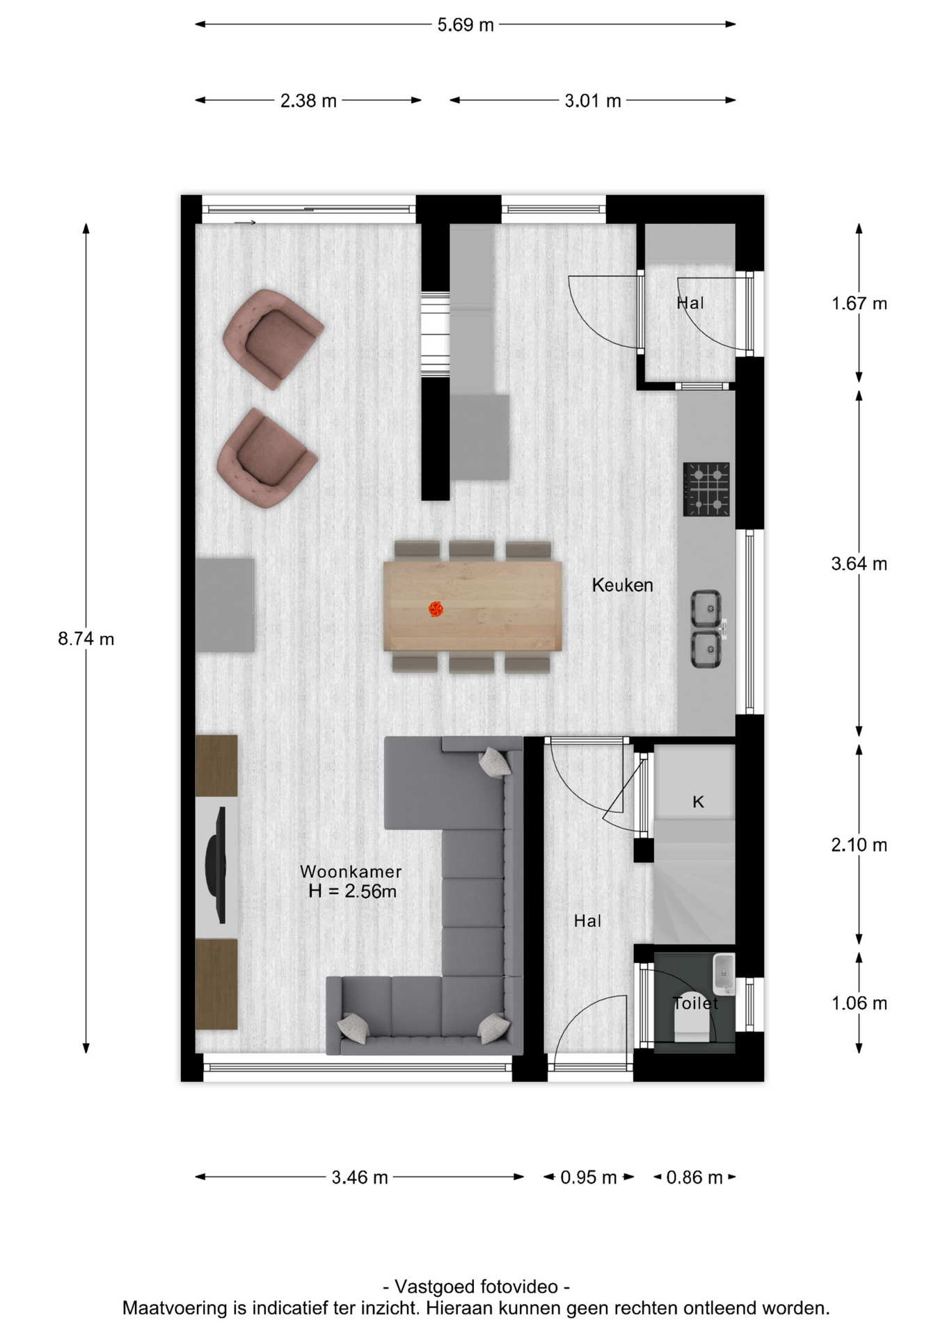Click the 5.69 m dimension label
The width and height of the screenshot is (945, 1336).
coord(466,25)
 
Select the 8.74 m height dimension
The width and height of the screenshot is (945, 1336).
coord(86,638)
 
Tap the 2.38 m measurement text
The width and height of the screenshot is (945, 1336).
coord(308,101)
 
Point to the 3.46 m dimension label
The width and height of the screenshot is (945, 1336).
coord(359,1177)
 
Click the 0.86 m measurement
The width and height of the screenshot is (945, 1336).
coord(694,1177)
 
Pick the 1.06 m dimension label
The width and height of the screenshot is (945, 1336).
coord(859,1003)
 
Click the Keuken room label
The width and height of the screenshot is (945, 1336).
coord(623,585)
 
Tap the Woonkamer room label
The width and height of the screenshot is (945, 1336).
coord(351,871)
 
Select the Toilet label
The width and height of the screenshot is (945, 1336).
coord(695,1003)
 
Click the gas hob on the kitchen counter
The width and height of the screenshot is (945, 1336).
coord(706,489)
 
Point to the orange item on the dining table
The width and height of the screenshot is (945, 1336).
coord(436,610)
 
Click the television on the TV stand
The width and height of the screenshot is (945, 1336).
coord(217,865)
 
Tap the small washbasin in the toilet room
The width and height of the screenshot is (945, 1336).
coord(724,973)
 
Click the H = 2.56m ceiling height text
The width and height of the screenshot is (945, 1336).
coord(352,891)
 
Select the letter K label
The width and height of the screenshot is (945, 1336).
coord(698,802)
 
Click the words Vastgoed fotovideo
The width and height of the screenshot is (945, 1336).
coord(476,1287)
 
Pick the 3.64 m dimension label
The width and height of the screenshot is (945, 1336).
coord(859,564)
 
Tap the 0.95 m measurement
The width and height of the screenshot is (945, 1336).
coord(589,1177)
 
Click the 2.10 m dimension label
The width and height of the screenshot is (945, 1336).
coord(859,845)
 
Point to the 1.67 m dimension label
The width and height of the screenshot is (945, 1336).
coord(859,303)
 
